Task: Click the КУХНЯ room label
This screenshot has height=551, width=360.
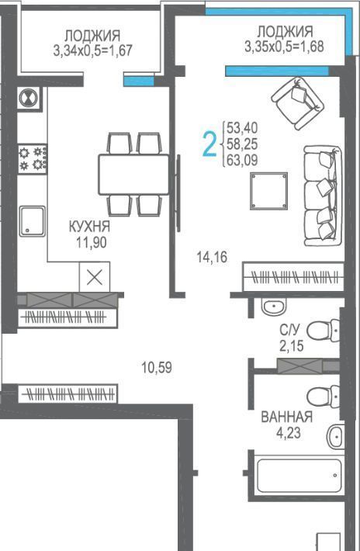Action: [89, 227]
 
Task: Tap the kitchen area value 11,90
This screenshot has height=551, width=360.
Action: [92, 242]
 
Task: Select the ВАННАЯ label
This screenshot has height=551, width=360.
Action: [286, 417]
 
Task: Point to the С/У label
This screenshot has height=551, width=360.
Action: [290, 330]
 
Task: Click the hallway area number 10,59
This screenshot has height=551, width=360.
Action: [157, 368]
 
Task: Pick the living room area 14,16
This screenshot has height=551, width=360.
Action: [212, 257]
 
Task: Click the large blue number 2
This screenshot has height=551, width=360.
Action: [209, 144]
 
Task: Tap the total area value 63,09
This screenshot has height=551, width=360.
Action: [242, 160]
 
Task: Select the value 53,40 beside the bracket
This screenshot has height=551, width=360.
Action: [242, 128]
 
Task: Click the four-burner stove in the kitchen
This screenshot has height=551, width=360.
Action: [33, 159]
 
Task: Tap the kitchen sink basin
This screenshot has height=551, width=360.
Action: [33, 221]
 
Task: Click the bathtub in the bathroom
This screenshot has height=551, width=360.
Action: [299, 476]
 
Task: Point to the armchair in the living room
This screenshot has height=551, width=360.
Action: [298, 102]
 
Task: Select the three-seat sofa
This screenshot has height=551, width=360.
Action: [323, 196]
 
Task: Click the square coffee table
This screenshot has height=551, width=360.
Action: [269, 191]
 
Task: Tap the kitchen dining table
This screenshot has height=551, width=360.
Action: [133, 175]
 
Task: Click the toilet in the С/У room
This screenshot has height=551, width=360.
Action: [323, 331]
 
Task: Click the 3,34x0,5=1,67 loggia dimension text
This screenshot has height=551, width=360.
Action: [93, 50]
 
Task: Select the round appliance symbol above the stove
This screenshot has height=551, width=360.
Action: [29, 99]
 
